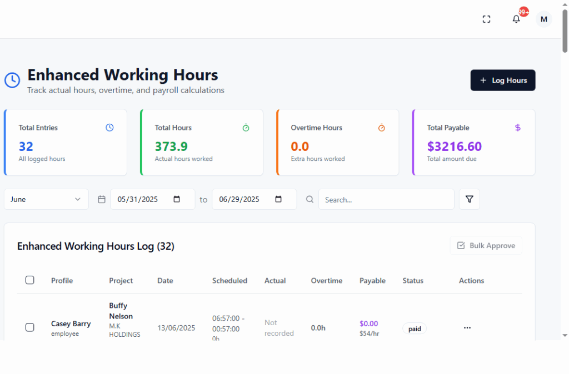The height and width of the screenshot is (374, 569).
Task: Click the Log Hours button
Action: tap(502, 80)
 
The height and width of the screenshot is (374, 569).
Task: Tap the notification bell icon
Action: tap(516, 19)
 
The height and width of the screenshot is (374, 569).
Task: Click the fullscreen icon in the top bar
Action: tap(486, 19)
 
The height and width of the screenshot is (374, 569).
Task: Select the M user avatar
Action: tap(543, 19)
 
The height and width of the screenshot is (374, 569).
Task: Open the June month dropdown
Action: tap(46, 199)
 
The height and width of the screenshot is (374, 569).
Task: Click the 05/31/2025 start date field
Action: tap(152, 199)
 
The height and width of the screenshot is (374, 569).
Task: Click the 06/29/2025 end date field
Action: tap(254, 199)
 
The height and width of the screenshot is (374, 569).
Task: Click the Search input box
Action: tap(386, 199)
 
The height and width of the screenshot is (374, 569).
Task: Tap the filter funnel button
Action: tap(469, 199)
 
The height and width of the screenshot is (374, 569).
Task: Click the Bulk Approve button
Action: tap(486, 245)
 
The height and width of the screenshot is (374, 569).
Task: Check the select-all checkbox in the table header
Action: tap(30, 280)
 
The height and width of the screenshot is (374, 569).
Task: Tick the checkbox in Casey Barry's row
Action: tap(30, 327)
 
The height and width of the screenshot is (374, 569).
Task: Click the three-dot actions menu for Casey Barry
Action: tap(467, 328)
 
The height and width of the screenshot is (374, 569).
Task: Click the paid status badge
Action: tap(415, 328)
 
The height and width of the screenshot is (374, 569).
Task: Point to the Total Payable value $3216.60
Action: tap(454, 146)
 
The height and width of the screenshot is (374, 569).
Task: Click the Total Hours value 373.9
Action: tap(171, 146)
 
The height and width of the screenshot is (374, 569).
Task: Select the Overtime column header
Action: tap(327, 281)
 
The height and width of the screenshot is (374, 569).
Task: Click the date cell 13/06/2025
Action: tap(176, 328)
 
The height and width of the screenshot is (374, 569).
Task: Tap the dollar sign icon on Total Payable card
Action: tap(518, 128)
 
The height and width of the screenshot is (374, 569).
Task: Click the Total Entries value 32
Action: tap(26, 146)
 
